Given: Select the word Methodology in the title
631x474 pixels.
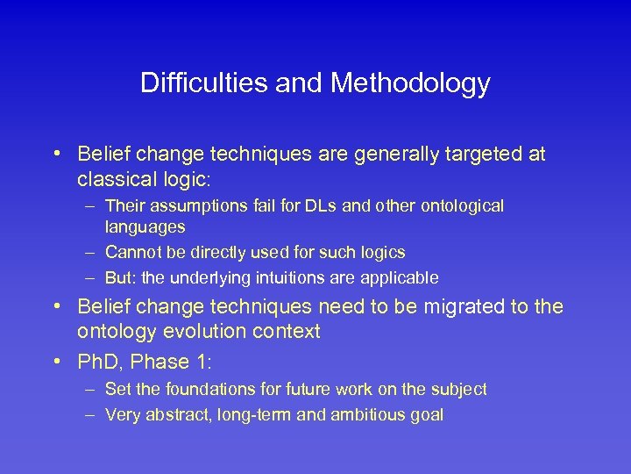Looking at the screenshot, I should pos(412,83).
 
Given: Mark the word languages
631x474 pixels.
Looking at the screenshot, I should pos(145,226).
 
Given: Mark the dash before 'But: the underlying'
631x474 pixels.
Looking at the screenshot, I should pos(91,277).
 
